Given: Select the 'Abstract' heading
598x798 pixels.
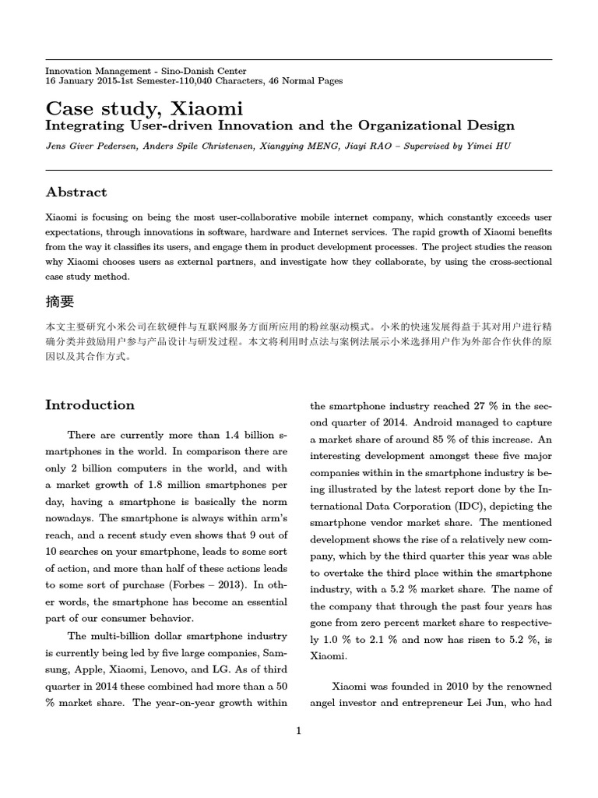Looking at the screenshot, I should coord(76,192).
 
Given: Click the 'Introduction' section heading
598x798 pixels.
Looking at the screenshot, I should coord(90,404).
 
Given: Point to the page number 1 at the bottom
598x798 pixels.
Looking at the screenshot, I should coord(298,730).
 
